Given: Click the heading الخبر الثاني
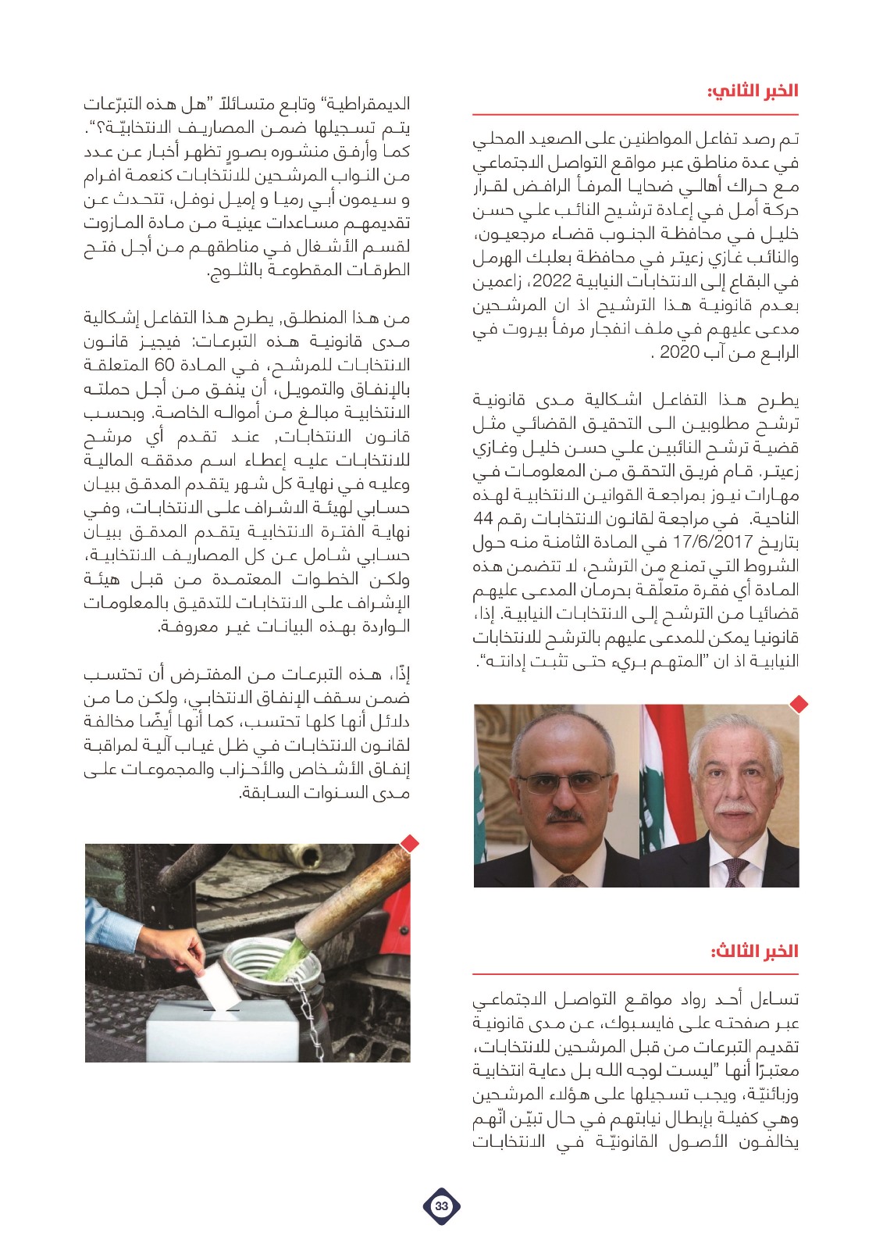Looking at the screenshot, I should (753, 91).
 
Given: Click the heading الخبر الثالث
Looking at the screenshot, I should (754, 951).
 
